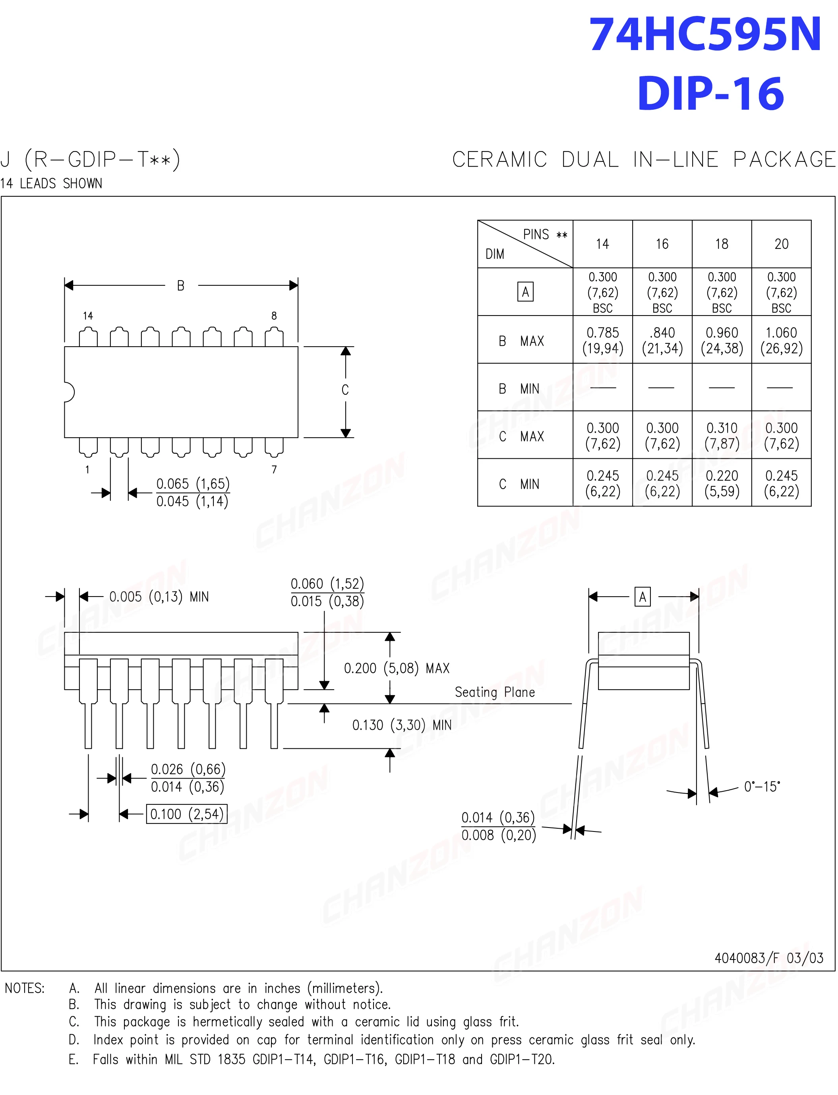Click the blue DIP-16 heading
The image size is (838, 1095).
tap(710, 94)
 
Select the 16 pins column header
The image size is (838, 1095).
tap(662, 244)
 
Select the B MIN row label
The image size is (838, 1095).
tap(519, 389)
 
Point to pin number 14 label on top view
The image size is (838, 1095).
tap(88, 316)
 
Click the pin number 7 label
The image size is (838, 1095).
tap(274, 469)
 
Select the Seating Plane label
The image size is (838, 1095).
tap(494, 692)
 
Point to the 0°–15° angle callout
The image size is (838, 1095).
tap(762, 787)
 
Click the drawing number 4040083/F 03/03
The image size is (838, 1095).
tap(768, 957)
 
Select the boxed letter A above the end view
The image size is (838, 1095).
tap(643, 597)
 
